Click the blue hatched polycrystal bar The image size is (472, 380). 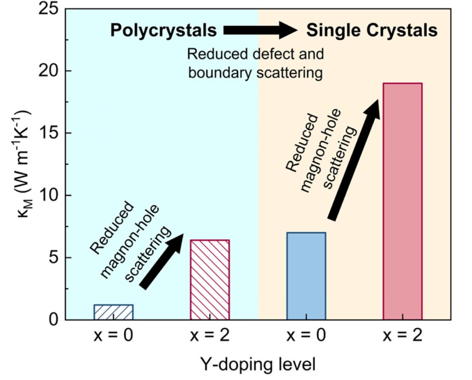click(x=113, y=312)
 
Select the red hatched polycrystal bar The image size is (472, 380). click(x=210, y=279)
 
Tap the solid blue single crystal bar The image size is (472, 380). click(x=306, y=276)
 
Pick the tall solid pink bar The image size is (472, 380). click(x=402, y=201)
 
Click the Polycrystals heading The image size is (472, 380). click(x=163, y=30)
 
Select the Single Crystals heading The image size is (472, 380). click(x=372, y=30)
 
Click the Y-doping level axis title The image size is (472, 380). click(x=258, y=364)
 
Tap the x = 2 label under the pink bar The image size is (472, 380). click(x=402, y=336)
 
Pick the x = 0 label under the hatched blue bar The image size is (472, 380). click(x=113, y=336)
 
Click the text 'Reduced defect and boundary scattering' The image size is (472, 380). click(x=255, y=63)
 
